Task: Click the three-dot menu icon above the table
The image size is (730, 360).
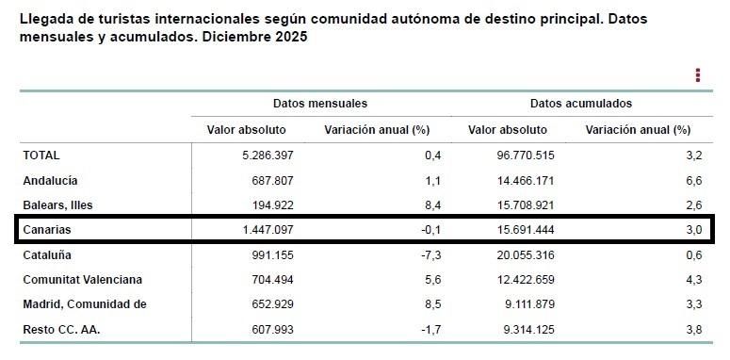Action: (698, 75)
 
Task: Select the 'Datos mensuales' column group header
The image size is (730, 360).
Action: (320, 103)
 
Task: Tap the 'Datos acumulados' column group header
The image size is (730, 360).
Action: (580, 103)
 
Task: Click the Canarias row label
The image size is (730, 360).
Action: (47, 229)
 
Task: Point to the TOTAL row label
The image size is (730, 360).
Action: (41, 155)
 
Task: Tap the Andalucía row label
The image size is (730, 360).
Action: (50, 180)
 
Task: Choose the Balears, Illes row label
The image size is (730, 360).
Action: (57, 205)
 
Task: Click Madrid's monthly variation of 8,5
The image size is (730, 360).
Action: (432, 303)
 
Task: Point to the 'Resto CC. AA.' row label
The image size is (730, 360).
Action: (60, 329)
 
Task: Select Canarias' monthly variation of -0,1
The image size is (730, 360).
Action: (430, 229)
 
